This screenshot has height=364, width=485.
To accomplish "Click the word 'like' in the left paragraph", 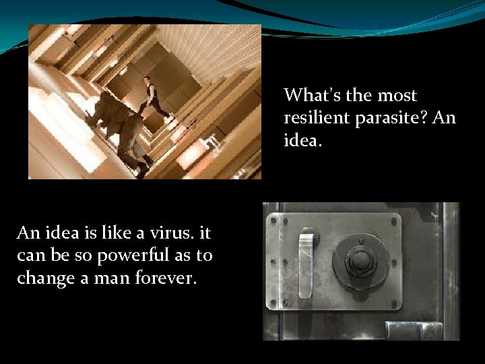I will (x=104, y=233).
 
